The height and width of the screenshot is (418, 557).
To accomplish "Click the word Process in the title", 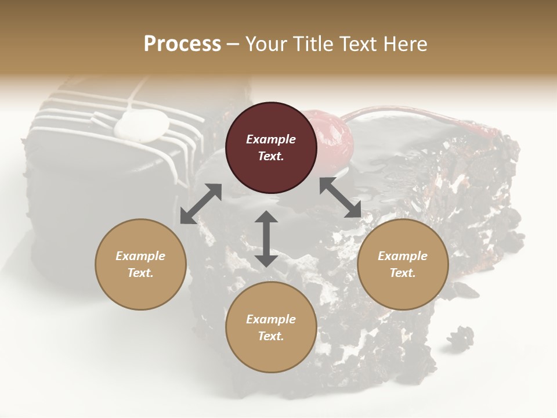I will coord(182,44).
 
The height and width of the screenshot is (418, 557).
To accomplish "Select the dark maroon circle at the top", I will coord(271,147).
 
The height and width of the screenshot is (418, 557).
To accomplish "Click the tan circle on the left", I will coord(140,264).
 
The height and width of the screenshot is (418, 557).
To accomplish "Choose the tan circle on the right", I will coord(403,264).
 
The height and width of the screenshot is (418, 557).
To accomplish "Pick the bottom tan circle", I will coord(271,327).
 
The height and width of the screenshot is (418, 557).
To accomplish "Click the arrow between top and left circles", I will coord(201,203).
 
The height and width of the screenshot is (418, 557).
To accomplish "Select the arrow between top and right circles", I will coord(341,198).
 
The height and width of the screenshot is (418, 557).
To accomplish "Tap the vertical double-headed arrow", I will coord(266,239).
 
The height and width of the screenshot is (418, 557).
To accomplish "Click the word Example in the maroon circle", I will coord(271,139).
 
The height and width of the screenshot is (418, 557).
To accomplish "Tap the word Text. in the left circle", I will coord(140,273).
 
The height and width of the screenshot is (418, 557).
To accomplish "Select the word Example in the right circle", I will coord(403,256).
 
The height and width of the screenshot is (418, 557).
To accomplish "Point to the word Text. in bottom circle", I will coord(271,336).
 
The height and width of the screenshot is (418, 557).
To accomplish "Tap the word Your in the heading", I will coord(264,44).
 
